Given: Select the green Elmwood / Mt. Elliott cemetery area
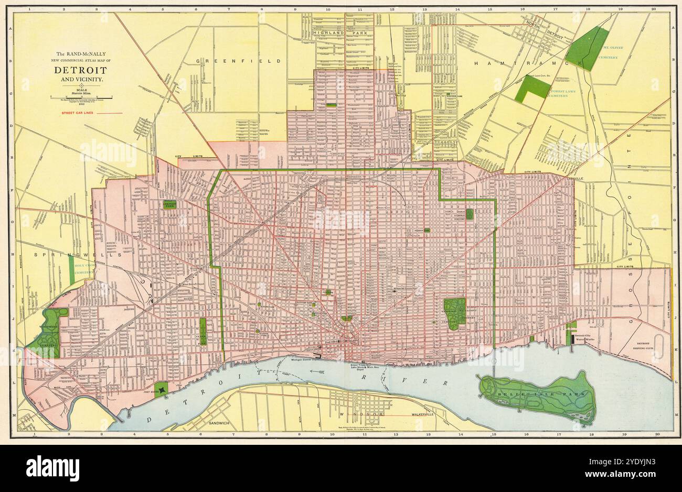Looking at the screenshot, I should coord(453,313).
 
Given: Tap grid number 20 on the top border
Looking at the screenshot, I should coord(653,9).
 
